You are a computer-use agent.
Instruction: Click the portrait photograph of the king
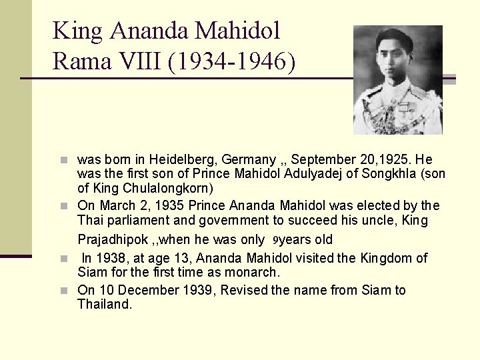[x=397, y=80]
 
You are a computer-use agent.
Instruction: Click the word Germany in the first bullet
[x=246, y=160]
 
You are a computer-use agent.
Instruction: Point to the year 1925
[x=394, y=160]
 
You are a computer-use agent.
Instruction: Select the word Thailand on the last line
[x=105, y=304]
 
